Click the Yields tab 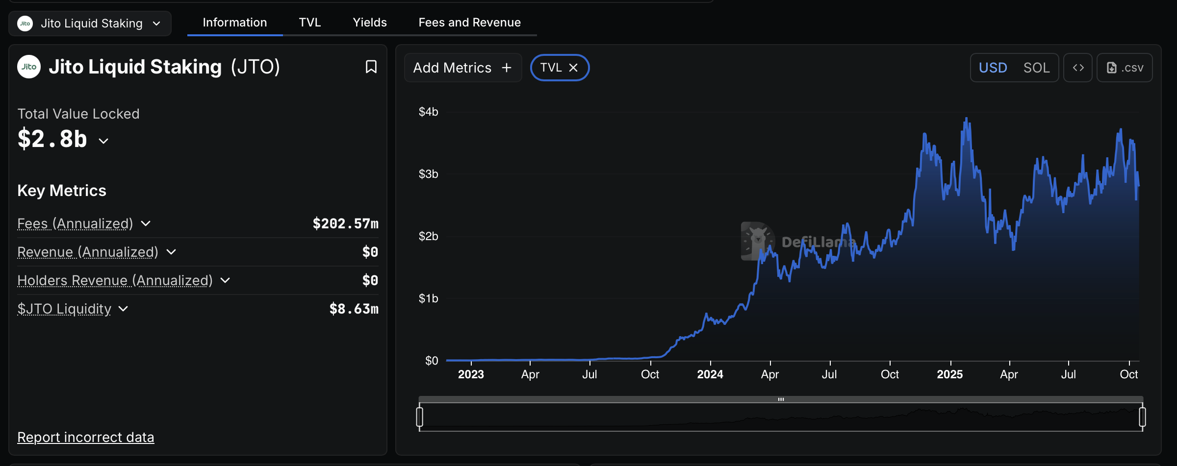[370, 23]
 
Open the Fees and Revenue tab [469, 23]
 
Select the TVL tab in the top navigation [310, 23]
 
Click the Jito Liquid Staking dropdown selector [90, 24]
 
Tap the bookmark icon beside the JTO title [371, 67]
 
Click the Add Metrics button [462, 68]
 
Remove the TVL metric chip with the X [573, 68]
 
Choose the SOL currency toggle [1036, 68]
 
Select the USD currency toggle [993, 68]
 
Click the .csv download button [1125, 68]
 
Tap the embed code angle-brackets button [1078, 68]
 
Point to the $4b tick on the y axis [428, 112]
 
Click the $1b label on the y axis [428, 298]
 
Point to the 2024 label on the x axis [710, 374]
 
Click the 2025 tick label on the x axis [949, 374]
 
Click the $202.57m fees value [345, 224]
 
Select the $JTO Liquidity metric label [64, 309]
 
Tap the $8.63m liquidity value [354, 309]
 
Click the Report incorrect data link [86, 437]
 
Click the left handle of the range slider [420, 417]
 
